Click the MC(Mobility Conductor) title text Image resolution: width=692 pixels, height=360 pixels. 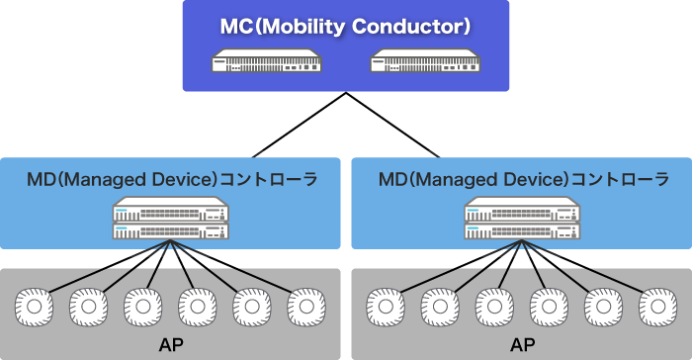click(345, 26)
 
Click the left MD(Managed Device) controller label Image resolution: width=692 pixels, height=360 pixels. click(171, 180)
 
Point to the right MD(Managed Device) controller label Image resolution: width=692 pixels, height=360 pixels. click(523, 180)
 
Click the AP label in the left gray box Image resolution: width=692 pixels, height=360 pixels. click(170, 345)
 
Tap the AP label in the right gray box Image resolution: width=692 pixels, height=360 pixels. click(522, 345)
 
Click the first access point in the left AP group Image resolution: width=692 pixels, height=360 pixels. click(36, 308)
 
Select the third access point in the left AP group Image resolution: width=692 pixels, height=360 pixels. click(142, 308)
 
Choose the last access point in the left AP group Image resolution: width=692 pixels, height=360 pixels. click(304, 308)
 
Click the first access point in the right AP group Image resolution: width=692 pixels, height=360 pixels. click(386, 308)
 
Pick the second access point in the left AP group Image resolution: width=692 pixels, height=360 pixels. click(89, 308)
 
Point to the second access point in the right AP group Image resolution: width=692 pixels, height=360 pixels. click(440, 308)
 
